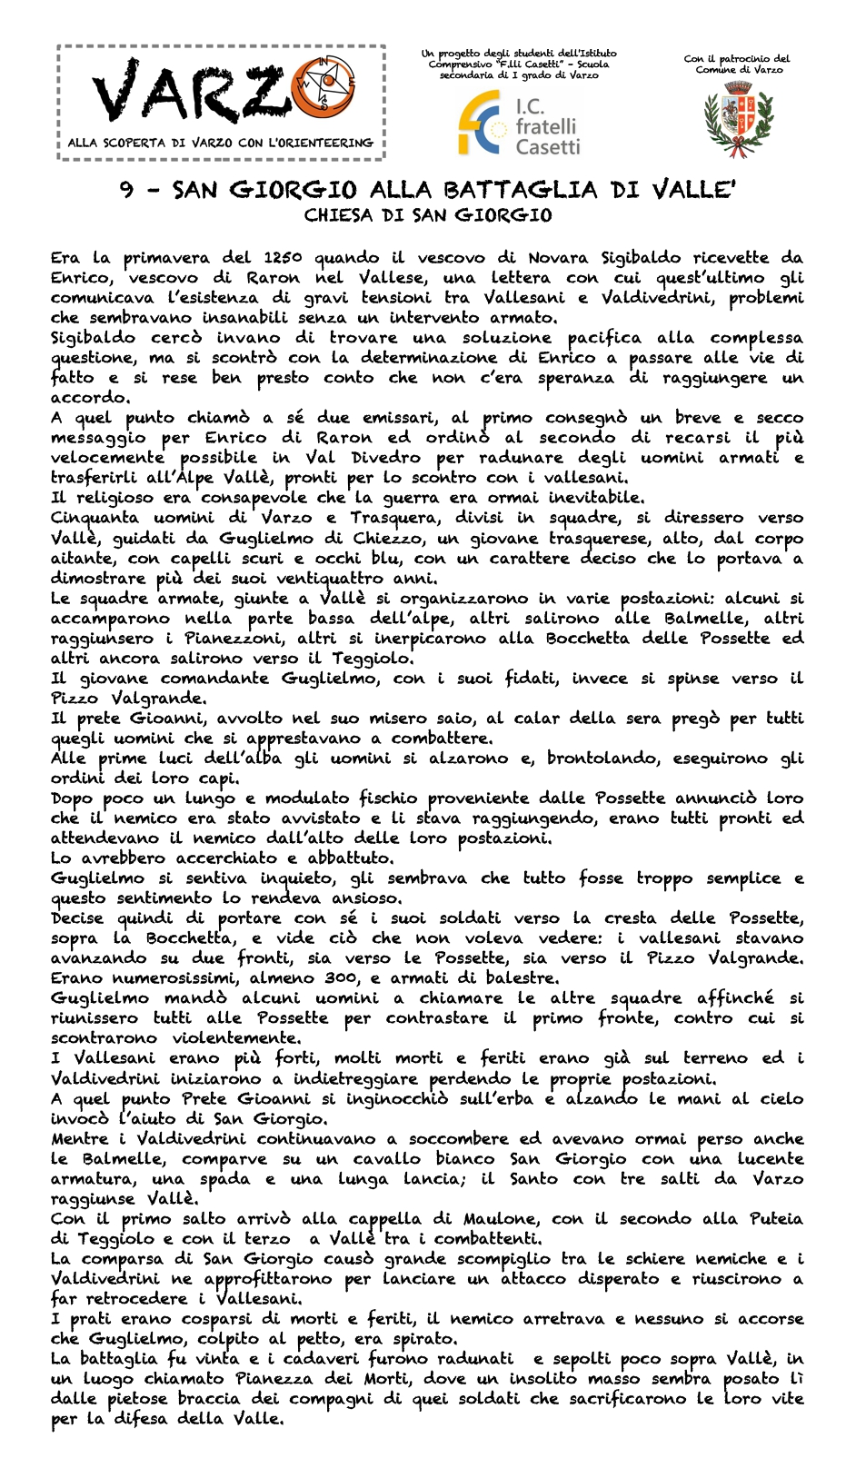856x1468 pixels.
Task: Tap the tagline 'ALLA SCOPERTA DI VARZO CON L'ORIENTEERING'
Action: pos(221,143)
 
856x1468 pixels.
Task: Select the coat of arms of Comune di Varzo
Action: pos(737,117)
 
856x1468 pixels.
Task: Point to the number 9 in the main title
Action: pos(129,190)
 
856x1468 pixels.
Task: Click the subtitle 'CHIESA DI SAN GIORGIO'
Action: pos(428,216)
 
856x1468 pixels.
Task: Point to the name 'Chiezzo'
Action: pos(380,538)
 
